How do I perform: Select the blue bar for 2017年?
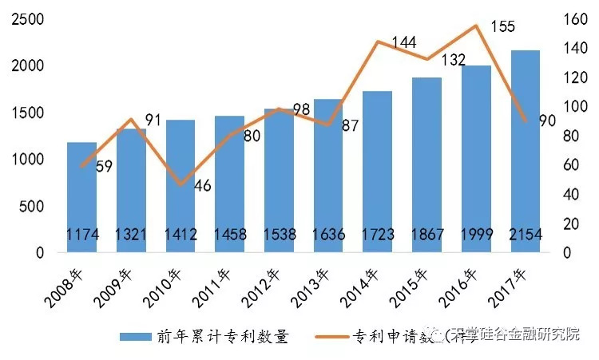[x=526, y=152]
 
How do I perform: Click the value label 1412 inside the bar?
[x=180, y=236]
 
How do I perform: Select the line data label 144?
[x=404, y=42]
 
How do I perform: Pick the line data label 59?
[x=104, y=168]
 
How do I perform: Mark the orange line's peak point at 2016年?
[x=477, y=26]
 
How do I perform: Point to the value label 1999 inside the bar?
[x=477, y=236]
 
